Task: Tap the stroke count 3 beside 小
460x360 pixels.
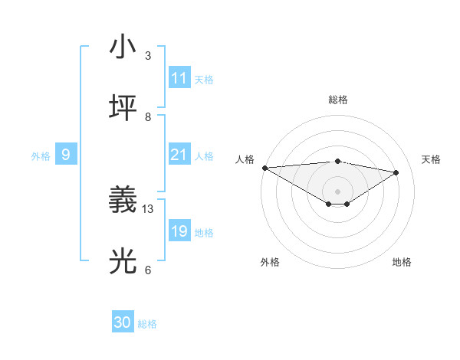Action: click(148, 56)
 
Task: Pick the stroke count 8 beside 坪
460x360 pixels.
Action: click(148, 116)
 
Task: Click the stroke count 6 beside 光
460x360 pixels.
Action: click(148, 270)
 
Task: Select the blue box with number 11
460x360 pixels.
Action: click(179, 78)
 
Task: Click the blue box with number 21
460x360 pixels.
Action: click(179, 155)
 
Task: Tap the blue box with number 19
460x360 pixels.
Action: click(179, 231)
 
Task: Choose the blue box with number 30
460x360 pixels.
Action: click(123, 323)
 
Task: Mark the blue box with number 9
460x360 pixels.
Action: click(66, 155)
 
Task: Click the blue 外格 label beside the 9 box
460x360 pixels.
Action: click(41, 156)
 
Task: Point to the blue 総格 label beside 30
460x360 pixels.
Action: click(147, 324)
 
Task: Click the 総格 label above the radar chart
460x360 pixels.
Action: click(338, 100)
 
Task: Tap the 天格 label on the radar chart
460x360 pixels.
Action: click(431, 159)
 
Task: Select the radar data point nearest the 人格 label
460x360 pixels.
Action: click(264, 168)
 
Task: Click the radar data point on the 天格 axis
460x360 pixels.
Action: click(396, 172)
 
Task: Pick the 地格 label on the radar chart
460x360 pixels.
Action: click(402, 262)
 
